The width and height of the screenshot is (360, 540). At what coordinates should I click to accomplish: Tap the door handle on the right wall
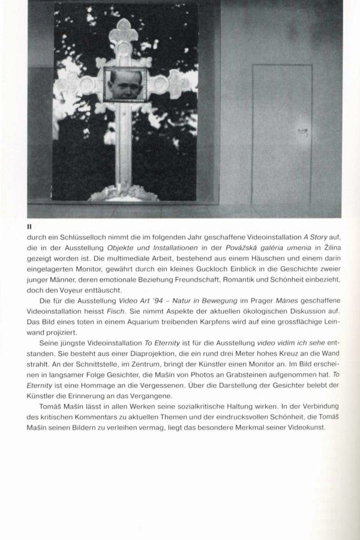[x=304, y=131]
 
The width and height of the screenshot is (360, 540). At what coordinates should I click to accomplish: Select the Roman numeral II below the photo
[x=29, y=227]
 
